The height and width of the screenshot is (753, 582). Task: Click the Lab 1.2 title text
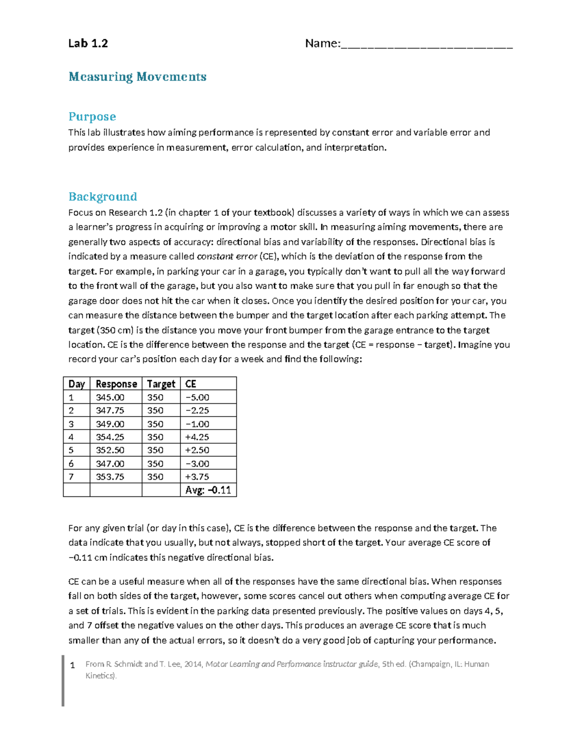[x=88, y=44]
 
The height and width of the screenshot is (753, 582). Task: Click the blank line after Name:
[x=427, y=45]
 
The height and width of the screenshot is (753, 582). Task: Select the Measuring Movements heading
[x=137, y=77]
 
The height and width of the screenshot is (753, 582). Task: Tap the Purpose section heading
[x=92, y=116]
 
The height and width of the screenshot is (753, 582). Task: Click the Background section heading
[x=103, y=196]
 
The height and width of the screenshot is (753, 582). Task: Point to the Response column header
[x=116, y=384]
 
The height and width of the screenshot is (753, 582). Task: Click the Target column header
[x=161, y=384]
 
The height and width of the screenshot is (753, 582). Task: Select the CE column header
[x=191, y=384]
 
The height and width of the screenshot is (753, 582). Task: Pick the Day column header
[x=77, y=384]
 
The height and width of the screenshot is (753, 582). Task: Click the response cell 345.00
[x=110, y=398]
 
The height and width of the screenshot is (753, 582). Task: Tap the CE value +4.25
[x=197, y=437]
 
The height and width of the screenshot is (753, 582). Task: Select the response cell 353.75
[x=110, y=477]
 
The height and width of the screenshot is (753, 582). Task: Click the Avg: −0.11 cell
[x=208, y=490]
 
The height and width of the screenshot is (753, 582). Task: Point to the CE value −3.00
[x=197, y=464]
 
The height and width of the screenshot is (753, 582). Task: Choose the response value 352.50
[x=110, y=450]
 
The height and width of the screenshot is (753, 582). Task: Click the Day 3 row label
[x=71, y=424]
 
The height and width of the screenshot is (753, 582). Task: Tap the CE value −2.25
[x=197, y=411]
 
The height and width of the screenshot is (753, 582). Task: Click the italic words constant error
[x=227, y=256]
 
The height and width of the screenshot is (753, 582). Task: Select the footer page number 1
[x=73, y=665]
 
